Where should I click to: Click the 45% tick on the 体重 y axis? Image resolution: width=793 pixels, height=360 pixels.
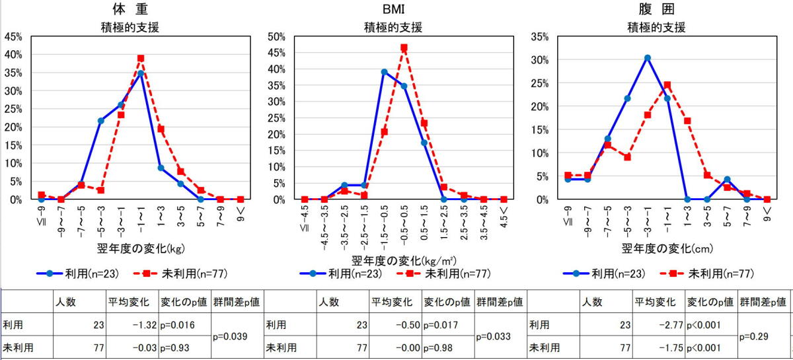point(14,36)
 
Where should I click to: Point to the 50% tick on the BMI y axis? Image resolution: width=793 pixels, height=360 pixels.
point(276,36)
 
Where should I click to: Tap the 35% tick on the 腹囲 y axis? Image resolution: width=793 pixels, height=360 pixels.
point(540,36)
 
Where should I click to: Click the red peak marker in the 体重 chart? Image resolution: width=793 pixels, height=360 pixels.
point(141,58)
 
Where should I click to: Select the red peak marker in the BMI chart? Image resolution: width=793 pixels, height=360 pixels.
point(404,48)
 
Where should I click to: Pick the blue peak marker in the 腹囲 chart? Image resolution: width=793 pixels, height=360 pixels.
point(648,58)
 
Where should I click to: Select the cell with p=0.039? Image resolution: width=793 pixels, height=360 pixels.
point(235,336)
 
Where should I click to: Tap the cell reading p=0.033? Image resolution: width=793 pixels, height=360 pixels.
point(499,336)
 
